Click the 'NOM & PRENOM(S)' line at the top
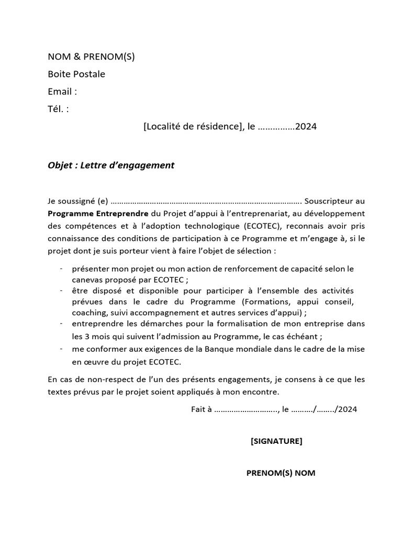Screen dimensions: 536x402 (x=91, y=57)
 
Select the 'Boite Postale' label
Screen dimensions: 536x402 (x=76, y=74)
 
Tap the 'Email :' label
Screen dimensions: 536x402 (x=62, y=92)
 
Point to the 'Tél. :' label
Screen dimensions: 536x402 (x=58, y=109)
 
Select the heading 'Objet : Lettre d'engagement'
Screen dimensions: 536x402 (x=110, y=165)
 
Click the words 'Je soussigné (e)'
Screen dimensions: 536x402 (x=77, y=201)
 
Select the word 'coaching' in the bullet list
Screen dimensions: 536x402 (x=88, y=313)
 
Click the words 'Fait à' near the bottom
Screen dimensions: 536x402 (x=201, y=410)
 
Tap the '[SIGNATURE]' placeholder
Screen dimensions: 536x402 (x=276, y=441)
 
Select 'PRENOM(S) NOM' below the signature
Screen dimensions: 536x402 (x=281, y=473)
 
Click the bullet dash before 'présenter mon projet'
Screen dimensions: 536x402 (x=62, y=269)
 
